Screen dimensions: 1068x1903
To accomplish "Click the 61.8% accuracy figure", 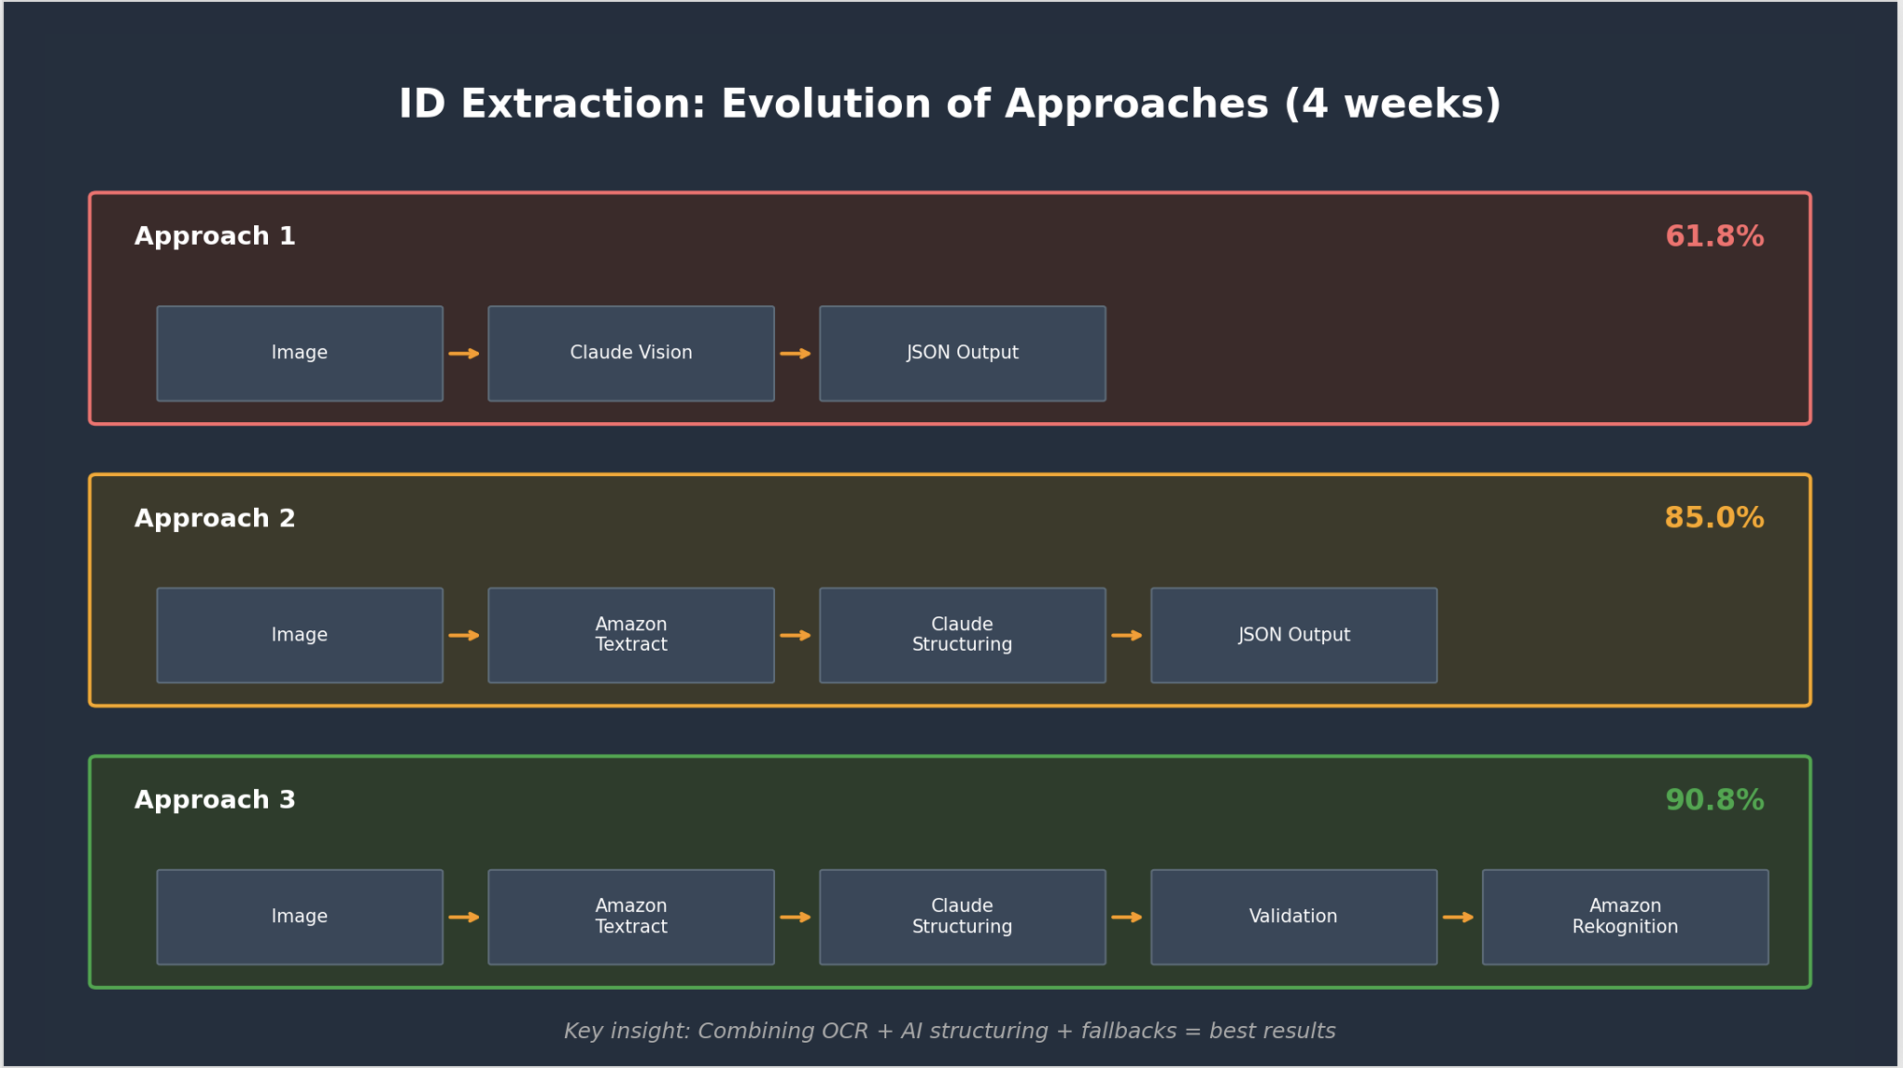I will pos(1714,237).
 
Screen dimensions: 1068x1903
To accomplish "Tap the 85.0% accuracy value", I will pos(1714,519).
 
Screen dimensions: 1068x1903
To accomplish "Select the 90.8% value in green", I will pos(1714,801).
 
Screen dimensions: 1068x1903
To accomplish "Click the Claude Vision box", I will pos(631,354).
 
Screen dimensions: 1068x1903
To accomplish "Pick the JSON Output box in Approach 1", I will pos(963,354).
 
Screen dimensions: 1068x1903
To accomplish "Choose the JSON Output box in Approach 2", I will pos(1293,636).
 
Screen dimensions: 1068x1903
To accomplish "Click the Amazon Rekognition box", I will pos(1625,917).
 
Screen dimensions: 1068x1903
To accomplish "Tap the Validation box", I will pos(1293,917).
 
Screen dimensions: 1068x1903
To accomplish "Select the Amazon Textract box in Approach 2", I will pos(631,636).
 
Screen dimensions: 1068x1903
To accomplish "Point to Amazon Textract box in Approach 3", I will pos(631,917).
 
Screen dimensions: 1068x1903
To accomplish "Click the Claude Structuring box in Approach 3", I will pos(963,917).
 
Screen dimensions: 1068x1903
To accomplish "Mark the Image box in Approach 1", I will pos(300,354).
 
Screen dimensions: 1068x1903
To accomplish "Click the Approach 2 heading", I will pos(215,519).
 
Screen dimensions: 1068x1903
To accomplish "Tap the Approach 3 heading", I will pos(215,801).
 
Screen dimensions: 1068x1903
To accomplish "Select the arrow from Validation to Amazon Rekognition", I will pos(1459,918).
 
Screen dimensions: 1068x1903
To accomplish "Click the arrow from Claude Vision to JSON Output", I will pos(796,354).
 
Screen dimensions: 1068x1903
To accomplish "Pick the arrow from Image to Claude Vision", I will pos(464,354).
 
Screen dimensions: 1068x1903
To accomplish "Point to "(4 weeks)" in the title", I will pos(1392,105).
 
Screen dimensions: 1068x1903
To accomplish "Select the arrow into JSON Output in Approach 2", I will pos(1127,636).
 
